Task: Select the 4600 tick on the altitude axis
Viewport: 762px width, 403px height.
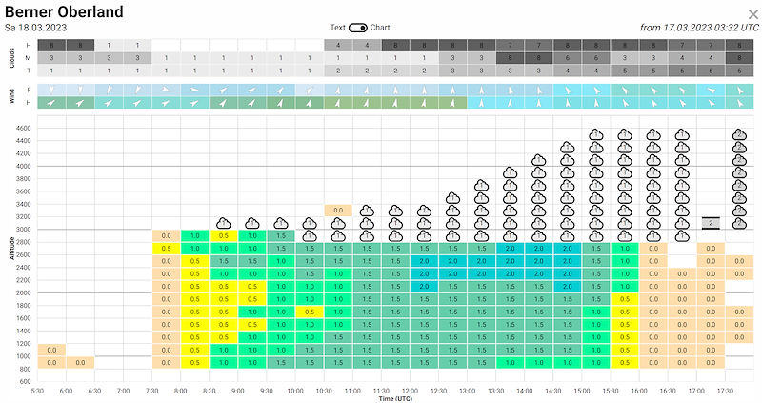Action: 22,128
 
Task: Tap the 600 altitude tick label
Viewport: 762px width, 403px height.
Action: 25,381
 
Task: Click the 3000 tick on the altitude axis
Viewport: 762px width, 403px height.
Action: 22,229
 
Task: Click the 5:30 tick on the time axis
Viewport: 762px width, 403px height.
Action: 38,390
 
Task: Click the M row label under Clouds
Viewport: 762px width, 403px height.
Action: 28,58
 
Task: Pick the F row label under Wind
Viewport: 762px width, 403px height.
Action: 28,90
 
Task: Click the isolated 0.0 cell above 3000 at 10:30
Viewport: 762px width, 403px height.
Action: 338,210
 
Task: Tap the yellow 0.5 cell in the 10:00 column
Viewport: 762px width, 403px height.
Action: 310,312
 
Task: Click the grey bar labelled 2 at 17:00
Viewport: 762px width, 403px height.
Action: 710,223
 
